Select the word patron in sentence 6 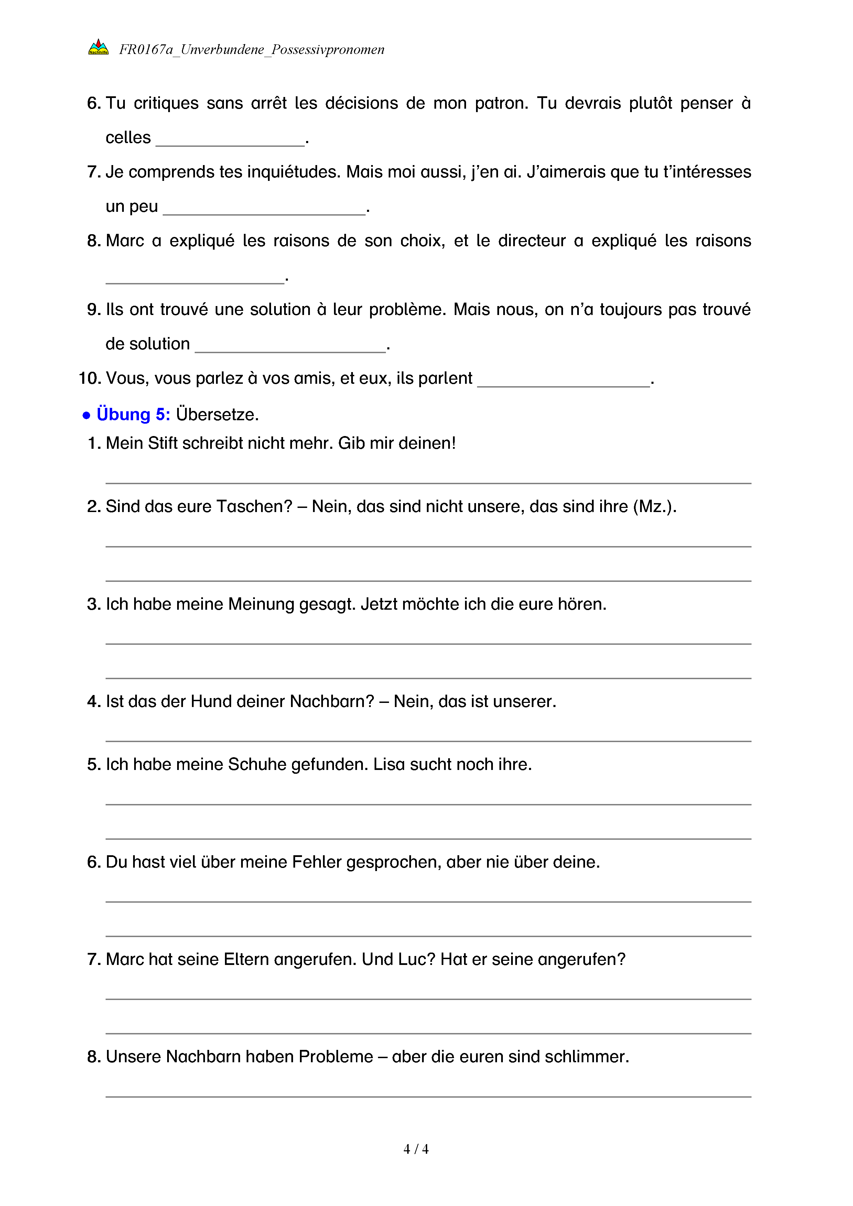coord(501,104)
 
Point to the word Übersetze coord(217,415)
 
